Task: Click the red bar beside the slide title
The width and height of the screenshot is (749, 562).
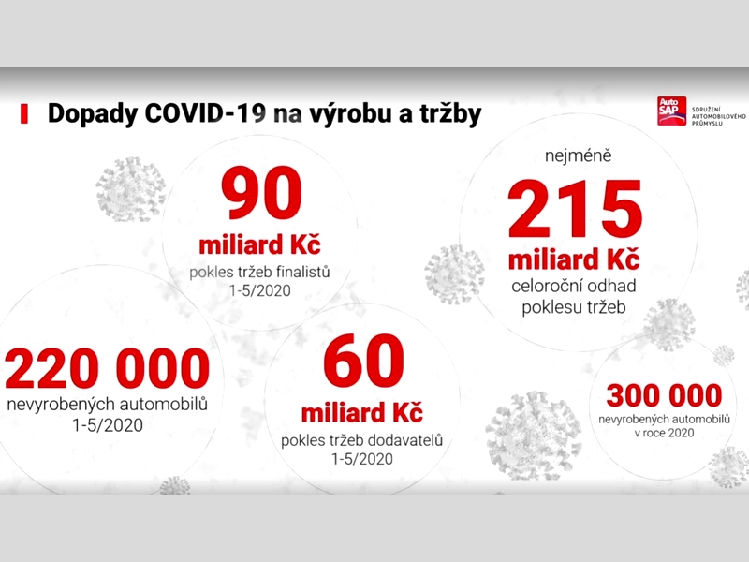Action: click(x=24, y=114)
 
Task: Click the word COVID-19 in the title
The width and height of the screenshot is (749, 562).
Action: click(x=205, y=113)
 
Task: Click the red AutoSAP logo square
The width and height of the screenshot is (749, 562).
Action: click(x=671, y=111)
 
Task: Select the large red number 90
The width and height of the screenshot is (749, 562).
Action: click(x=261, y=193)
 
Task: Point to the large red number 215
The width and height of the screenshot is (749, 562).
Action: click(x=575, y=209)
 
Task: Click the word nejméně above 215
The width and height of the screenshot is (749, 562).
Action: click(x=578, y=155)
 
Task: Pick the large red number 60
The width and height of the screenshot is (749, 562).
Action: click(x=363, y=361)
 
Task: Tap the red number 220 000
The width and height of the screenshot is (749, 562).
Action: click(x=107, y=368)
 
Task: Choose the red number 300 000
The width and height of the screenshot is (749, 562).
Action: click(x=664, y=395)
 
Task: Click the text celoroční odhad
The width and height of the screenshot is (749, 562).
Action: click(x=573, y=287)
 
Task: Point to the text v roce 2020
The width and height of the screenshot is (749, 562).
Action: click(x=664, y=433)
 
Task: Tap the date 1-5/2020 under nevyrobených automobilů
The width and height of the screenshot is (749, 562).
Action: click(x=108, y=425)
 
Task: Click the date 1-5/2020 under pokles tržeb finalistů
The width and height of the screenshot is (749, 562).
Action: click(x=260, y=290)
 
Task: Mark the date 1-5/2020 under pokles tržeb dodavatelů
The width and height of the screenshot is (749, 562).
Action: click(x=362, y=459)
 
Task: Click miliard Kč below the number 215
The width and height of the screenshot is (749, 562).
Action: click(x=574, y=260)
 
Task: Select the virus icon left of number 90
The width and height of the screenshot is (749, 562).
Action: click(x=130, y=189)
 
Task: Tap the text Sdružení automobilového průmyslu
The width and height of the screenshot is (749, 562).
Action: click(x=718, y=116)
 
